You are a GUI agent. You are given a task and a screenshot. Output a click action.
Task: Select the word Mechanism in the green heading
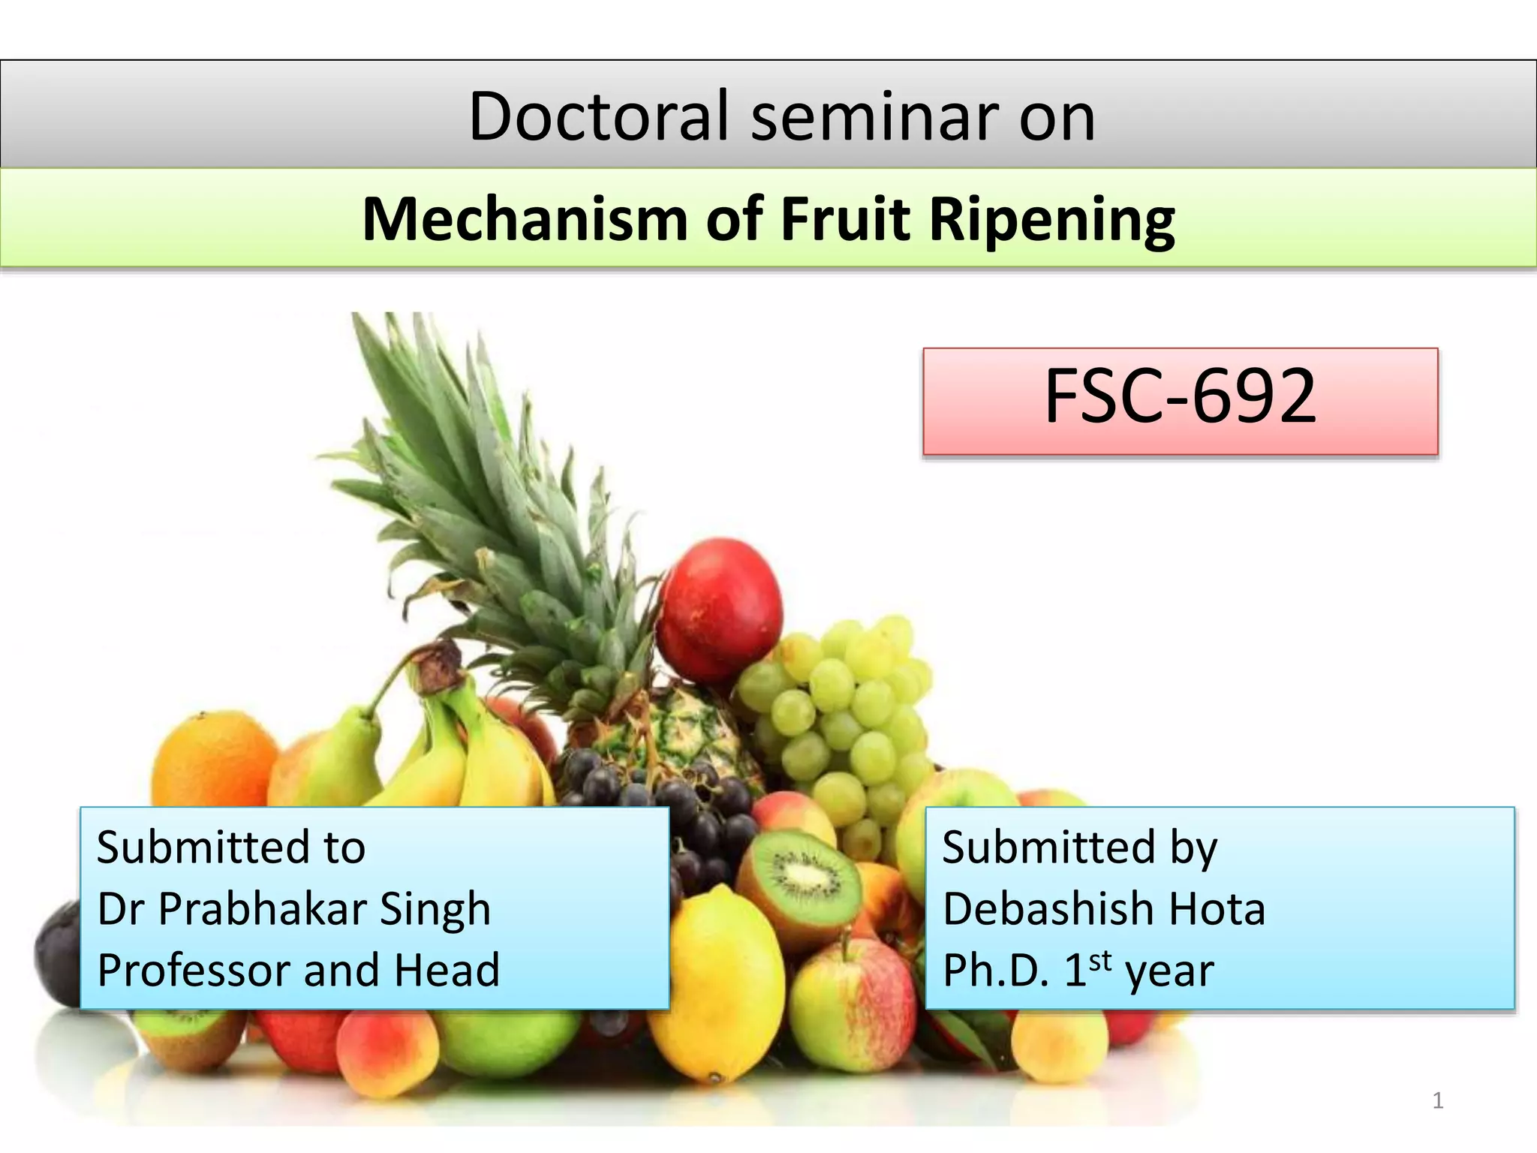pyautogui.click(x=525, y=219)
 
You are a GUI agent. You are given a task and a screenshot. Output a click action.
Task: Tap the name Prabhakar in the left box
pyautogui.click(x=262, y=909)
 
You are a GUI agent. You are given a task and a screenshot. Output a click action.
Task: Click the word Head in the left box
pyautogui.click(x=447, y=970)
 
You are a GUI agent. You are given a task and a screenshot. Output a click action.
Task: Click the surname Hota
pyautogui.click(x=1217, y=909)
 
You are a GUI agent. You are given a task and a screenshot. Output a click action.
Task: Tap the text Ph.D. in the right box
pyautogui.click(x=995, y=970)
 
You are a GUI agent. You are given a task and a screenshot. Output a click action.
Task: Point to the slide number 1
pyautogui.click(x=1437, y=1100)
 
